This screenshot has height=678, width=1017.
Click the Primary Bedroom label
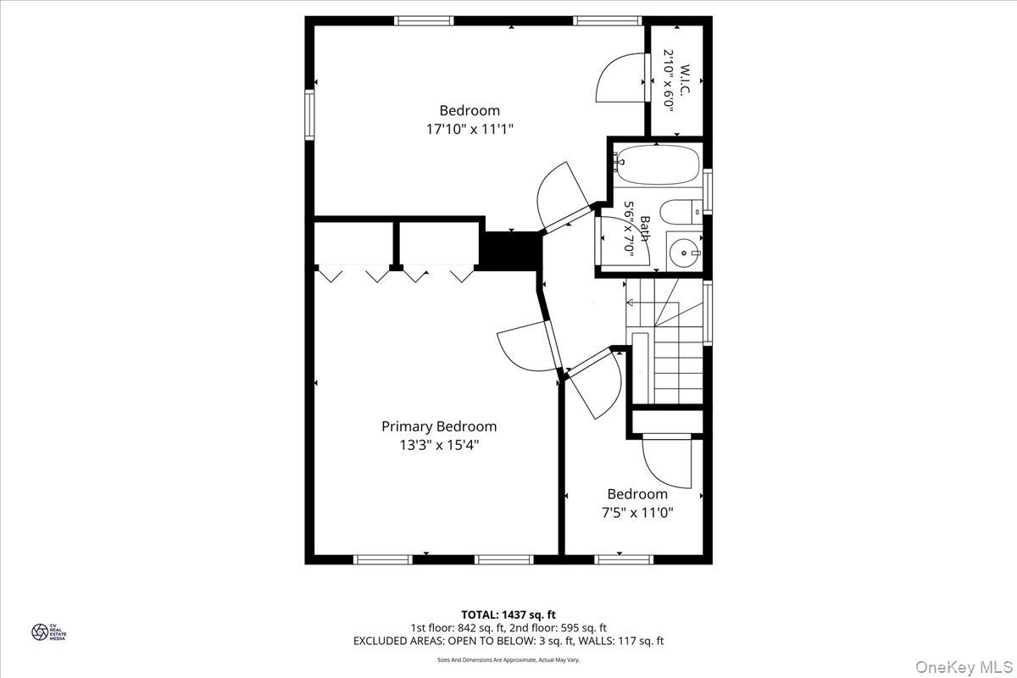tap(438, 426)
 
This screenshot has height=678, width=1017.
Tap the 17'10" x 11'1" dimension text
tap(470, 129)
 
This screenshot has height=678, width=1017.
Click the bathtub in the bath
tap(657, 164)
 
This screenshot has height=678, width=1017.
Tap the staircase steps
tap(678, 373)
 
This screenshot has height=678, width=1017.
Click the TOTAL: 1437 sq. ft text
tap(508, 614)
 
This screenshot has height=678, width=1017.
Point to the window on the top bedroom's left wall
tap(310, 114)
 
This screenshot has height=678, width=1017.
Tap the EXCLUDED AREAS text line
tap(508, 642)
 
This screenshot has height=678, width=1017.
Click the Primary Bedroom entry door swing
tap(524, 347)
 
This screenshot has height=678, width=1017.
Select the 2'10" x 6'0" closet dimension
tap(669, 81)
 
